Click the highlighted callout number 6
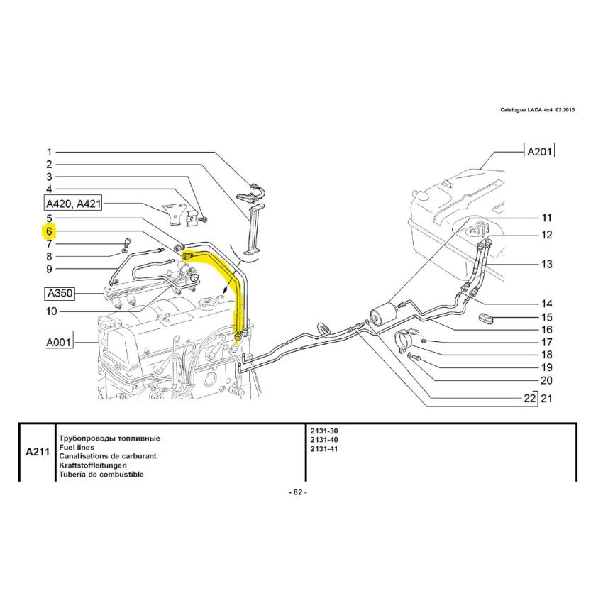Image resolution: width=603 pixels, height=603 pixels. click(x=50, y=231)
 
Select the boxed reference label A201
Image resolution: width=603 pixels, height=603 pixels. click(x=538, y=151)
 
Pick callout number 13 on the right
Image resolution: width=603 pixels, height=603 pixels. click(x=546, y=265)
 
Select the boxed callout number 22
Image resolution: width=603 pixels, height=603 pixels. click(x=530, y=399)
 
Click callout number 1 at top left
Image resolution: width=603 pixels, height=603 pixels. click(x=50, y=152)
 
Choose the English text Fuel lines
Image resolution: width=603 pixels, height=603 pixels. click(x=79, y=448)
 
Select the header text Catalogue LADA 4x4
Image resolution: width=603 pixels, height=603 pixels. click(x=526, y=110)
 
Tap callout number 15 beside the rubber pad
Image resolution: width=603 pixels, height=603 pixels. click(x=546, y=317)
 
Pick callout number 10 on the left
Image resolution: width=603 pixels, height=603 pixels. click(x=52, y=311)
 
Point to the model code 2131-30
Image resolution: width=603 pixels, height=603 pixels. click(x=325, y=431)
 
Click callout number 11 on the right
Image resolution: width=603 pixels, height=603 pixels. click(x=546, y=218)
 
